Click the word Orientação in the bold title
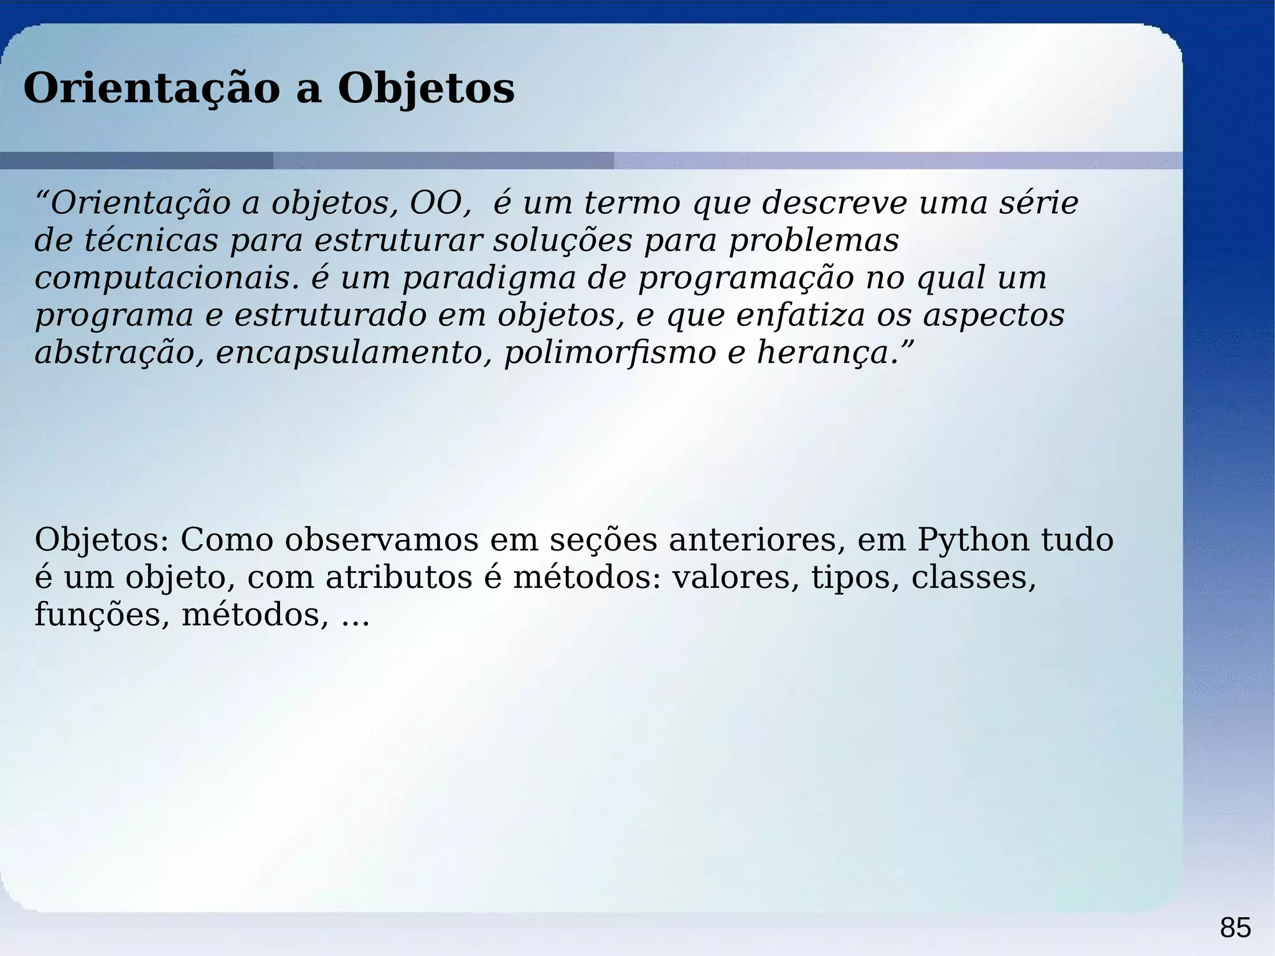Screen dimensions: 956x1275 point(152,88)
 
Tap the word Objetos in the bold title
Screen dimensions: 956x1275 point(426,88)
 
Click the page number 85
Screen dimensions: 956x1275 point(1235,928)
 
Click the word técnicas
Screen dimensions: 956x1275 point(151,240)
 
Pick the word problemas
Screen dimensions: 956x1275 point(814,240)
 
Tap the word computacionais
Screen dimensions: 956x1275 point(162,278)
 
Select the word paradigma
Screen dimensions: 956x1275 point(489,279)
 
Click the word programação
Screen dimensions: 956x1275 point(746,279)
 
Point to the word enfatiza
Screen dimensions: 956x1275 point(801,315)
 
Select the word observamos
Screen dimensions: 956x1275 point(382,541)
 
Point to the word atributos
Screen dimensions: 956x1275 point(399,578)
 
